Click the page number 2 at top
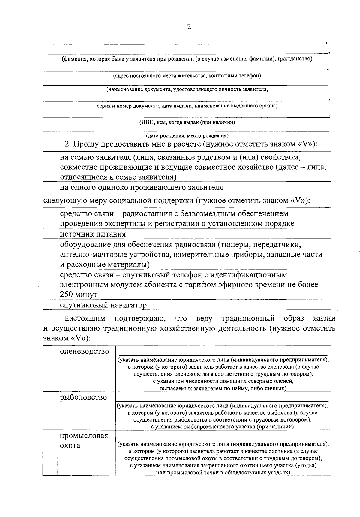[189, 27]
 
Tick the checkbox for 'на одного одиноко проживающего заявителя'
[50, 187]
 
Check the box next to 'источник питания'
[50, 234]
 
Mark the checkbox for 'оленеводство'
[50, 368]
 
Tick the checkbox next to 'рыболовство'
[50, 410]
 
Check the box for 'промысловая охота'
[50, 453]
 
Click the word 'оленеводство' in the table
[85, 351]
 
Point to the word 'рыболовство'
[83, 397]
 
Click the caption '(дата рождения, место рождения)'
[187, 135]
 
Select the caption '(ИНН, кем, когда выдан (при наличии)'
[187, 122]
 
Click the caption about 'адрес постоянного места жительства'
[187, 76]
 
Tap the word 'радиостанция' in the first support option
[148, 213]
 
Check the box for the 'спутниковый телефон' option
[50, 284]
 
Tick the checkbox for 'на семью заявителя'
[50, 167]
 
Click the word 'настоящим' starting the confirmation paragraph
[85, 318]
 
